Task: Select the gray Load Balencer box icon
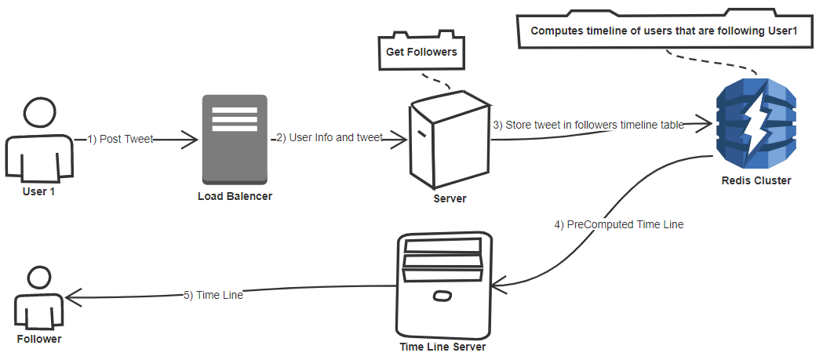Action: tap(235, 140)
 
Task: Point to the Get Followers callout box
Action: tap(421, 53)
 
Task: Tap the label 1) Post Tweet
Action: tap(119, 139)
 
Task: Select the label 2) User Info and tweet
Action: tap(329, 138)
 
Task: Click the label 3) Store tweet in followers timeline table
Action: tap(588, 125)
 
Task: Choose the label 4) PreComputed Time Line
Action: tap(619, 224)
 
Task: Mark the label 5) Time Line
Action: tap(213, 295)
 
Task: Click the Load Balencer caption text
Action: tap(235, 196)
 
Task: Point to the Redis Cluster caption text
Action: tap(756, 180)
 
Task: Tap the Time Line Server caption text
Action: tap(442, 347)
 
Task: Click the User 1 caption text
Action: tap(39, 191)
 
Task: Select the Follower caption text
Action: tap(38, 339)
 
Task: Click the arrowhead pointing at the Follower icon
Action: tap(71, 296)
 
